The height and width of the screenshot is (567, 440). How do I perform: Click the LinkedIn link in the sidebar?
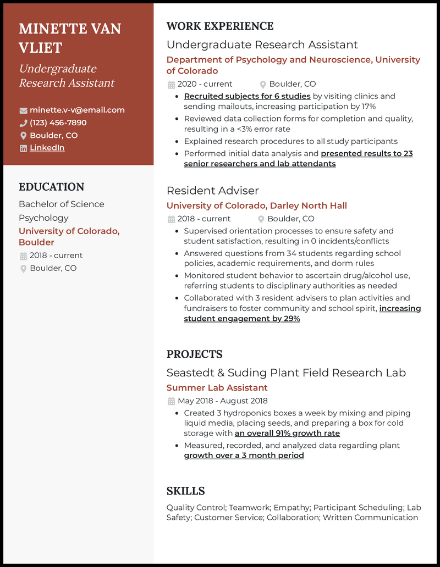[x=47, y=148]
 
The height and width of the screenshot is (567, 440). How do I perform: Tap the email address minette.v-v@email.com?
[x=77, y=110]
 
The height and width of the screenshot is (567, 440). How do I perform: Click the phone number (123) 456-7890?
[x=58, y=123]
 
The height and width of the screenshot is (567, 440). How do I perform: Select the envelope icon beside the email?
[x=23, y=110]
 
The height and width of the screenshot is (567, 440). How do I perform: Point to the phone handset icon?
[x=23, y=123]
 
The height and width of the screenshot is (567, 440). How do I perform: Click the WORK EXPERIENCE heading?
[x=219, y=26]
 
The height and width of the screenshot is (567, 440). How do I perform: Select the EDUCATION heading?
[x=51, y=187]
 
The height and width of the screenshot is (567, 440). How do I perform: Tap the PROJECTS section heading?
[x=194, y=354]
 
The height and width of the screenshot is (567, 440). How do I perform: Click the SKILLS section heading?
[x=185, y=491]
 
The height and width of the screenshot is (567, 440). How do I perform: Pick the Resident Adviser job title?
[x=212, y=191]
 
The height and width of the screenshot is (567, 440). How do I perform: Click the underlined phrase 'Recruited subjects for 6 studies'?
[x=247, y=96]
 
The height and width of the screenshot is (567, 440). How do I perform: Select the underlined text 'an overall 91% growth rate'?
[x=287, y=433]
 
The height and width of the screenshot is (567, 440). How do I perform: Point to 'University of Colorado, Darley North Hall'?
[x=256, y=206]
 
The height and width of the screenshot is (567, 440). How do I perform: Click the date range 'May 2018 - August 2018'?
[x=222, y=401]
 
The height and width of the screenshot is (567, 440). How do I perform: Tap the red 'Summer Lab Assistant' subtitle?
[x=217, y=388]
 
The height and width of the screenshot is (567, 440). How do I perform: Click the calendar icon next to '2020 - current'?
[x=171, y=85]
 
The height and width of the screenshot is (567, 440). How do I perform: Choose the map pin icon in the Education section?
[x=23, y=269]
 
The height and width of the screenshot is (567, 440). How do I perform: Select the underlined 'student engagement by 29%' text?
[x=241, y=319]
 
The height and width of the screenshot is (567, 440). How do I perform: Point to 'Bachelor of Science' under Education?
[x=61, y=204]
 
